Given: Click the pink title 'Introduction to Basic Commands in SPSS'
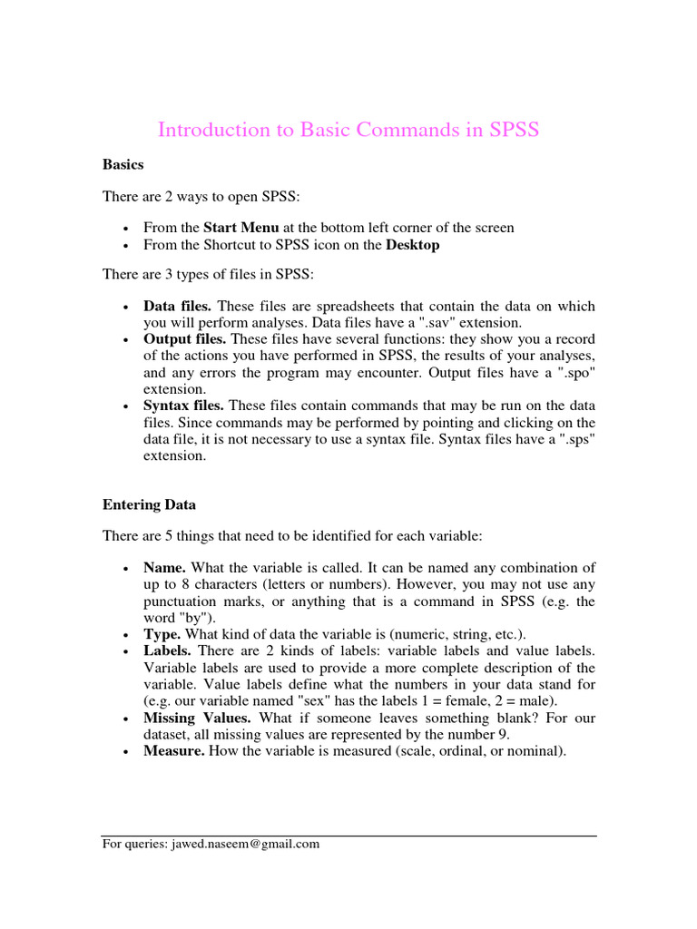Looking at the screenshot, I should (348, 130).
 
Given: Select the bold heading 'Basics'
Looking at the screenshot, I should (123, 165).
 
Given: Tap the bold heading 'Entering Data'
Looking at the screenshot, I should (149, 504).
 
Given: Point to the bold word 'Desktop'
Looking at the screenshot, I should (413, 246).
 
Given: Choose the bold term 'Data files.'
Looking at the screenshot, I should (177, 307).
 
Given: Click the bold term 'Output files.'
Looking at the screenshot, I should (185, 338).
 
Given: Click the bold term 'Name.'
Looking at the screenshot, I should (164, 568).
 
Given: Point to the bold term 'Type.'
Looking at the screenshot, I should (162, 633).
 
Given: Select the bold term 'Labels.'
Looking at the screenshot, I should (167, 650).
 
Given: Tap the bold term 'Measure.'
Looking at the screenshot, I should (174, 751).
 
